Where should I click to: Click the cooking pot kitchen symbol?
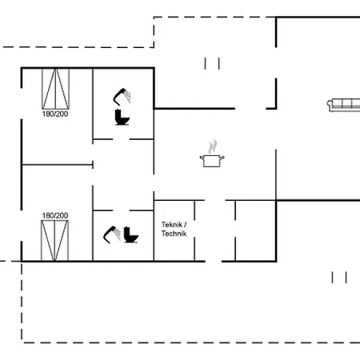(212, 161)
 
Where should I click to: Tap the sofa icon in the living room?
(344, 105)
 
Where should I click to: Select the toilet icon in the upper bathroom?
(122, 117)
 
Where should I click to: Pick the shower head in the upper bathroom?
(122, 97)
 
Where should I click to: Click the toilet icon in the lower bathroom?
(131, 234)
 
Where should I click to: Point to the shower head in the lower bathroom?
(112, 234)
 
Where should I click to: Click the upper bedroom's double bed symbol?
(55, 89)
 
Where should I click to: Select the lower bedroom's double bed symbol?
(54, 240)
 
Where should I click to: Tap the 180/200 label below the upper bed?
(55, 114)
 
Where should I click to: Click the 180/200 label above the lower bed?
(55, 215)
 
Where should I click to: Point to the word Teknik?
(172, 225)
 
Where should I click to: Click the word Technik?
(174, 234)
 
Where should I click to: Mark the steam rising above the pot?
(213, 146)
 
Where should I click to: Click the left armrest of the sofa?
(330, 106)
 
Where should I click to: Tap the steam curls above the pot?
(213, 146)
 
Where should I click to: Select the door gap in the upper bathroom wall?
(122, 139)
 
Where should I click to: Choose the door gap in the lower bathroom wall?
(122, 210)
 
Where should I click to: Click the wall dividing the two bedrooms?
(58, 165)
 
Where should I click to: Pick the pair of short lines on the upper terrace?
(212, 63)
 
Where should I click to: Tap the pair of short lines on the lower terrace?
(339, 278)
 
